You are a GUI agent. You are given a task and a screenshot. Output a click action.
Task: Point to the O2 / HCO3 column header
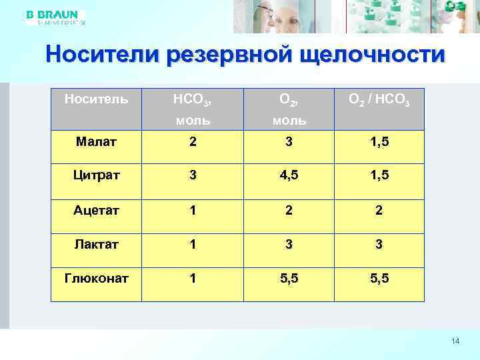coord(379,101)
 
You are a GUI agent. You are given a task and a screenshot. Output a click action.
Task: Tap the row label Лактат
coord(96,245)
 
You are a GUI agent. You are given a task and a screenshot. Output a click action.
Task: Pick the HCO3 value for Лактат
coord(192,245)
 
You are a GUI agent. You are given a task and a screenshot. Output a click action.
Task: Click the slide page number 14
coord(455,341)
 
